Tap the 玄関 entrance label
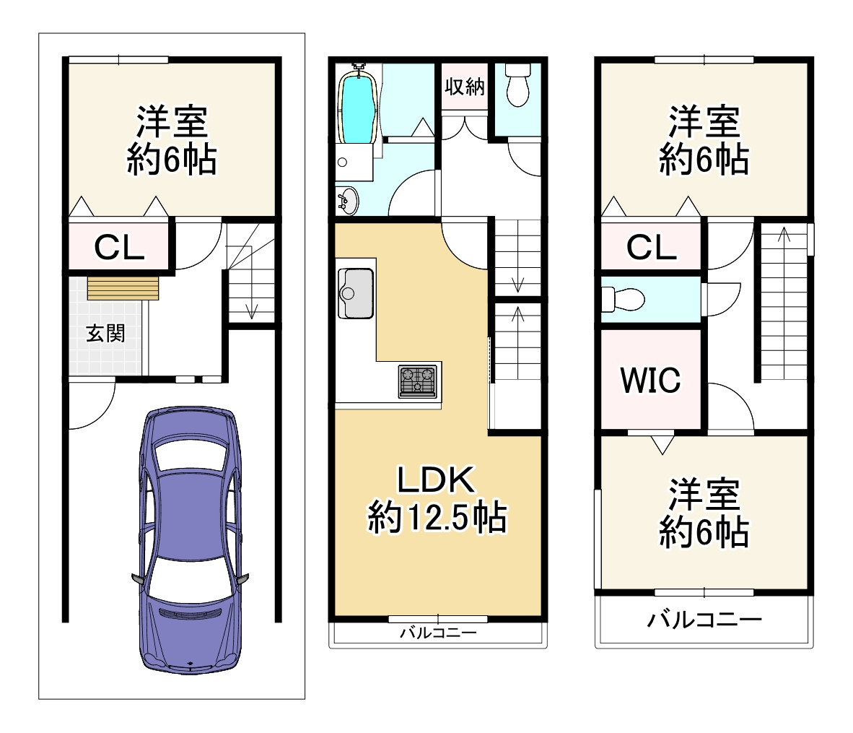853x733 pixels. [105, 333]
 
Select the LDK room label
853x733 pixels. [437, 480]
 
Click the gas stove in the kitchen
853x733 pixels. [418, 381]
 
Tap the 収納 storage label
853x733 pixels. [464, 87]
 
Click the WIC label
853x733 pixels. [650, 380]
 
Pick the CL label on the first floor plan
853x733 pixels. [120, 248]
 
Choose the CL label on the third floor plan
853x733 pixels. [651, 248]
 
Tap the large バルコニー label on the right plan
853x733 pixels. [704, 620]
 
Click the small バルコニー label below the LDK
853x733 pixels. [438, 633]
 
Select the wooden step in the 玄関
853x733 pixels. [123, 287]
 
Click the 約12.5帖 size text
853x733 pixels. [437, 517]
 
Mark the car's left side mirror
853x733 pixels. [136, 578]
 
